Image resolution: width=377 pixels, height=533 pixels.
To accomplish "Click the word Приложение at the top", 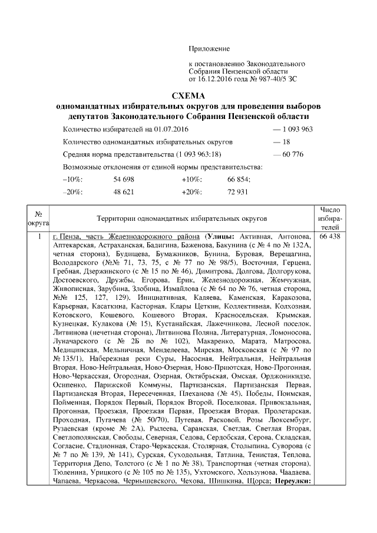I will tap(209, 48).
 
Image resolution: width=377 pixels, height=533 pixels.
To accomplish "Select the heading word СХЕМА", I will tap(188, 97).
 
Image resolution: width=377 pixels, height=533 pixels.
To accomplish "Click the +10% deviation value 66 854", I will tap(239, 179).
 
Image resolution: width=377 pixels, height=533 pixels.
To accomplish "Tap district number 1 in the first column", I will tap(39, 236).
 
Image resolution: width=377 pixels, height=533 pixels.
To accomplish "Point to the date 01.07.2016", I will tap(161, 129).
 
